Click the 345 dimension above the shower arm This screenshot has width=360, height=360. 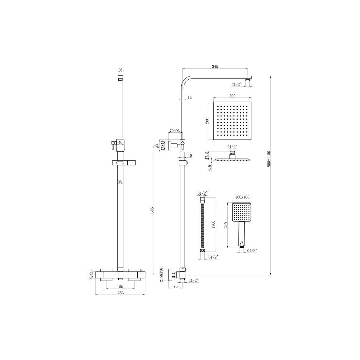point(215,66)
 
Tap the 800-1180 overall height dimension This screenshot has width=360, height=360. point(269,159)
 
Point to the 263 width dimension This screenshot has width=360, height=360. point(121,293)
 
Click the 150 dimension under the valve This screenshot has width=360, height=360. point(120,287)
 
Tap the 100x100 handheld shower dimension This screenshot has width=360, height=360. point(242,197)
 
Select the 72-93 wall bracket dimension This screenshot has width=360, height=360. point(174,131)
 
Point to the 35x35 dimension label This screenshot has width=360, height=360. point(91,274)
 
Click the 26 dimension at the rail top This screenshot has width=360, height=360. point(121,70)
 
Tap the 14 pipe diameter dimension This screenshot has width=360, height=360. point(190,97)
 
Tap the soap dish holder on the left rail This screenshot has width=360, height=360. point(121,163)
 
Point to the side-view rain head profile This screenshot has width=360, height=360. point(232,159)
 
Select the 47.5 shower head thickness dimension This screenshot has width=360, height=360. point(206,155)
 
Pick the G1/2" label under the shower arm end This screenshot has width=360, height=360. point(237,84)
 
